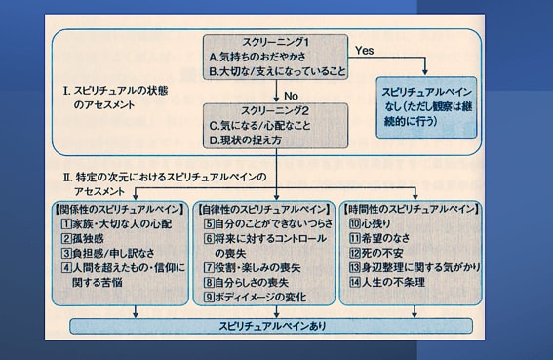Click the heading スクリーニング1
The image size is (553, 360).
pos(275,42)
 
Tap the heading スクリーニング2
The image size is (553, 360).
pos(275,111)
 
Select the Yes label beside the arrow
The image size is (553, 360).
pos(365,51)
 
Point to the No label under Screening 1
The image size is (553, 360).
pos(291,96)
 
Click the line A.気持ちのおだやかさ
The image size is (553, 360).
pos(257,57)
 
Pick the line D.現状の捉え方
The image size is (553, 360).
pos(246,140)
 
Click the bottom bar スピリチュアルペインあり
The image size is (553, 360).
pos(272,326)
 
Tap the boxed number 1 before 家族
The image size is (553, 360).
pos(66,223)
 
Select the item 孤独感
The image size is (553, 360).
pos(88,239)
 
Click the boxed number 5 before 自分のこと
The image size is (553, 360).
pos(209,223)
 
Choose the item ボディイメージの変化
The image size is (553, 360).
pos(260,298)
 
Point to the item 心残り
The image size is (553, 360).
pos(375,223)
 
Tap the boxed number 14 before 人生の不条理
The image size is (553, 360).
pos(355,282)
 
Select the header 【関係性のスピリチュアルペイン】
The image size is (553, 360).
pos(119,209)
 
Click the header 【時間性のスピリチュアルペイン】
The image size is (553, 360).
pos(412,209)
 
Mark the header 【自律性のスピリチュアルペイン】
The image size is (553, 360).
pos(263,209)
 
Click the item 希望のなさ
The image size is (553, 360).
pos(385,238)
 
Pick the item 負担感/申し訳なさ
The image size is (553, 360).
pos(113,253)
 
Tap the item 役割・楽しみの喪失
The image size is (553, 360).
pos(257,267)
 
